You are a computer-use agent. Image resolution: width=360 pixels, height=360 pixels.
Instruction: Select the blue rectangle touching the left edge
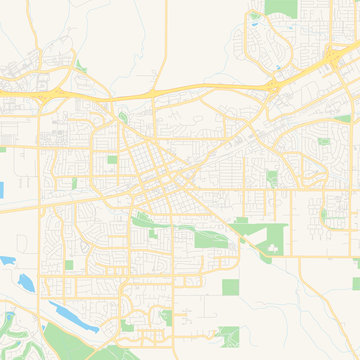click(x=2, y=187)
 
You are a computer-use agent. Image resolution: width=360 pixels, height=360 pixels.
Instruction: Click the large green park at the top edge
click(x=282, y=9)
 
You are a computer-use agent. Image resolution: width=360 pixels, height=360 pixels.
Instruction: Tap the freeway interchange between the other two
click(x=272, y=87)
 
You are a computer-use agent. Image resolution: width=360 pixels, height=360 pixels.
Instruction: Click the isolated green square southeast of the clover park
click(x=230, y=287)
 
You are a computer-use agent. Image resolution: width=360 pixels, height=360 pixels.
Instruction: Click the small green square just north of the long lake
click(x=69, y=265)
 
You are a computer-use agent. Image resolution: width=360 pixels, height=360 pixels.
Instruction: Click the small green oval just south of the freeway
click(x=123, y=117)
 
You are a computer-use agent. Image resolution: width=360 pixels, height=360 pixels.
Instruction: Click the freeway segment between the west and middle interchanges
click(x=160, y=93)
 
